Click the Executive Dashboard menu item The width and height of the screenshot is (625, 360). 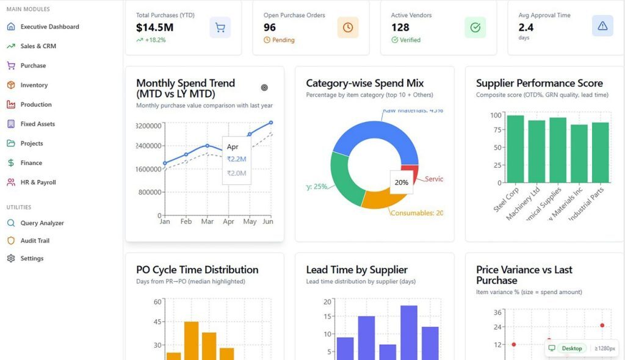49,27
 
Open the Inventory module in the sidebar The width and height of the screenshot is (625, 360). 34,85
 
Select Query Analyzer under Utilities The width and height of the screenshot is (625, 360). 42,223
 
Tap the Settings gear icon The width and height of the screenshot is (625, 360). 11,259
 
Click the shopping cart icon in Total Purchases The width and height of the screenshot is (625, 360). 220,27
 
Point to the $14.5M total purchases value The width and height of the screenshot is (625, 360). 154,27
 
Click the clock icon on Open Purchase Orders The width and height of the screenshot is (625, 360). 347,27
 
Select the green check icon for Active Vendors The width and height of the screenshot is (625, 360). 475,27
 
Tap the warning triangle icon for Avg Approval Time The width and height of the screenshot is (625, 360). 602,26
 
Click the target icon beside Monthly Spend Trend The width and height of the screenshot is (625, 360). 264,88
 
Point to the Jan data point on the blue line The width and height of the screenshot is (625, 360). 165,164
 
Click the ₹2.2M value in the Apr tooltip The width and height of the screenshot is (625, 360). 236,159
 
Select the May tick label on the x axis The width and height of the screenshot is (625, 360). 250,222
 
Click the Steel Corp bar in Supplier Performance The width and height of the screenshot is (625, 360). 515,149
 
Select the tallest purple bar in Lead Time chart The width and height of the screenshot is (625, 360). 408,333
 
